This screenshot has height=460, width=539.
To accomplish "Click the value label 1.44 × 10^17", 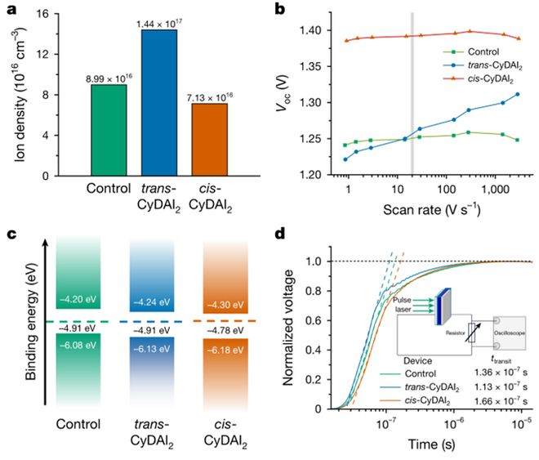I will (156, 22).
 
